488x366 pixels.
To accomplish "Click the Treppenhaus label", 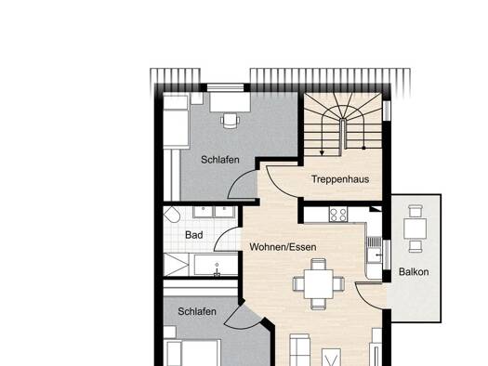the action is tap(340, 179).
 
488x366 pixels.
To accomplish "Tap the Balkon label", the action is tap(414, 272).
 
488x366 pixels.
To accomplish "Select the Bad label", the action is tap(194, 235).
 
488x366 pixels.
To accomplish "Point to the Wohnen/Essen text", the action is tap(283, 247).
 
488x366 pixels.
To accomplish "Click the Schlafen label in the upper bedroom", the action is tap(220, 160).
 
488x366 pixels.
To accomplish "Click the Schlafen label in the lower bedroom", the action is tap(197, 311).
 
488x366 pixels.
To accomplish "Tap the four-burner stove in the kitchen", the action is tap(338, 215).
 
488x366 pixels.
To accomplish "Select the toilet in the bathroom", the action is tap(171, 215).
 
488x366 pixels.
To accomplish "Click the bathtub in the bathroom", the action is tap(214, 265).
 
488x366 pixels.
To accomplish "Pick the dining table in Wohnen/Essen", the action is tap(319, 284).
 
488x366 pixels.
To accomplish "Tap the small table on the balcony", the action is tap(415, 229).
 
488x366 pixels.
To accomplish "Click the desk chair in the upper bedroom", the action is tap(231, 121).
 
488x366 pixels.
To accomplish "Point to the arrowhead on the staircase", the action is tap(322, 152).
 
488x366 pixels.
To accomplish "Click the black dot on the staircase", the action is tap(363, 148).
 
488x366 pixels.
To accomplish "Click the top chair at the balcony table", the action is tap(415, 211).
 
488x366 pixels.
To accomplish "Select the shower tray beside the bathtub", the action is tap(177, 265).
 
